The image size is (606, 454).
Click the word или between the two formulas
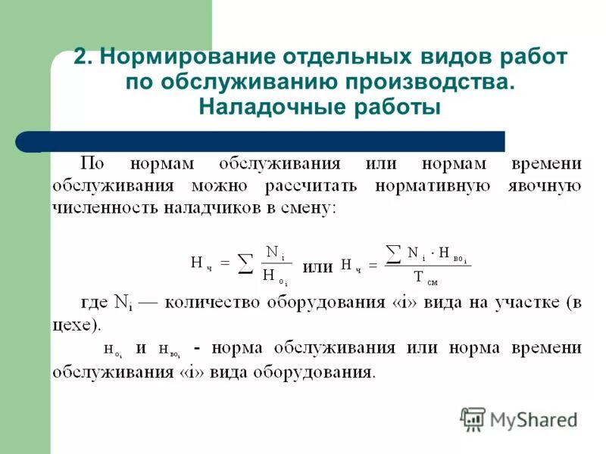pyautogui.click(x=317, y=266)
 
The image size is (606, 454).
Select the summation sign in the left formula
pyautogui.click(x=244, y=265)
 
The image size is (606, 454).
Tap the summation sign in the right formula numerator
pyautogui.click(x=393, y=251)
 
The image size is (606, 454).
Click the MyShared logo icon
pyautogui.click(x=473, y=418)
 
